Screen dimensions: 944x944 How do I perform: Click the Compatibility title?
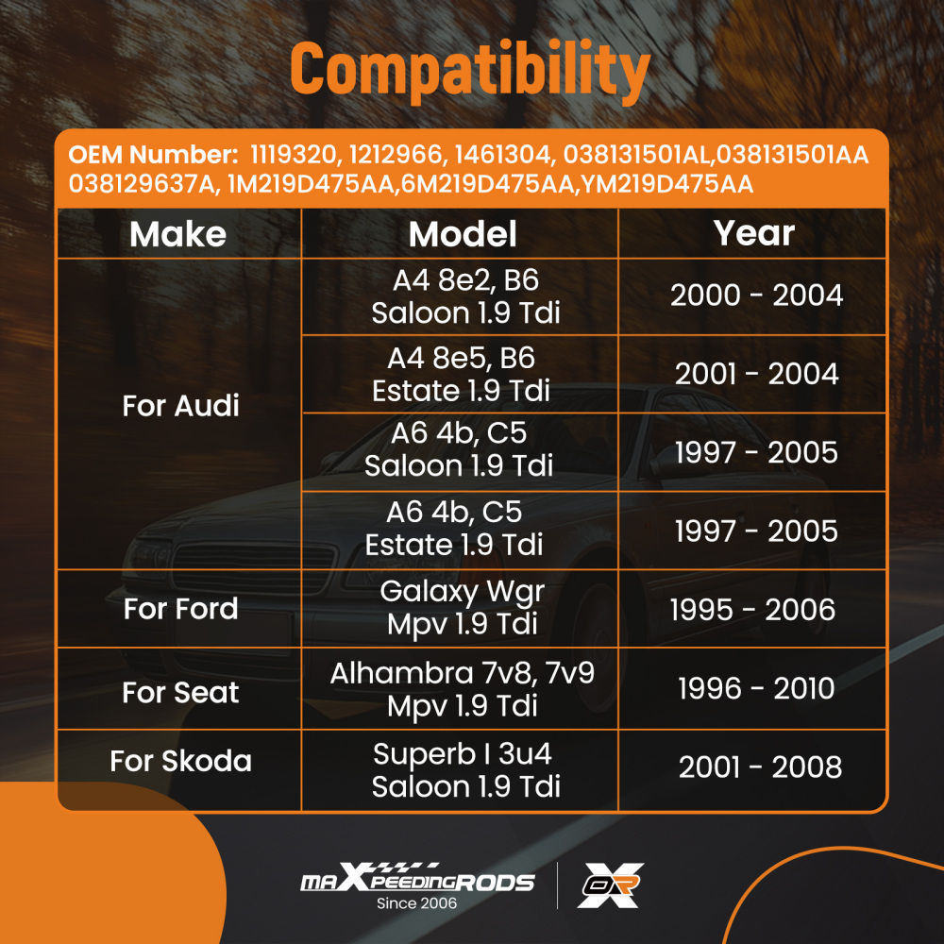coord(470,71)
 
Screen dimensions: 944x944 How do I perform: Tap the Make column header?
coord(178,233)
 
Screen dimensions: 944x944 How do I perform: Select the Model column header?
coord(463,233)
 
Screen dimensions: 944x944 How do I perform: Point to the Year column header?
coord(753,233)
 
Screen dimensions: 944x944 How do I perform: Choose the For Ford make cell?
coord(180,608)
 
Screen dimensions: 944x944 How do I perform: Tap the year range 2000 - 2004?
coord(757,295)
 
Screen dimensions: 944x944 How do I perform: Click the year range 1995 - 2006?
coord(752,609)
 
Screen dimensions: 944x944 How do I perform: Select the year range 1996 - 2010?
coord(756,688)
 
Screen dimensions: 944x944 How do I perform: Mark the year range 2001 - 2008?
coord(760,767)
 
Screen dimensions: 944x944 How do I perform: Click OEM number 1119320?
coord(293,155)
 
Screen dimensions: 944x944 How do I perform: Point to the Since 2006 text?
coord(416,903)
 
